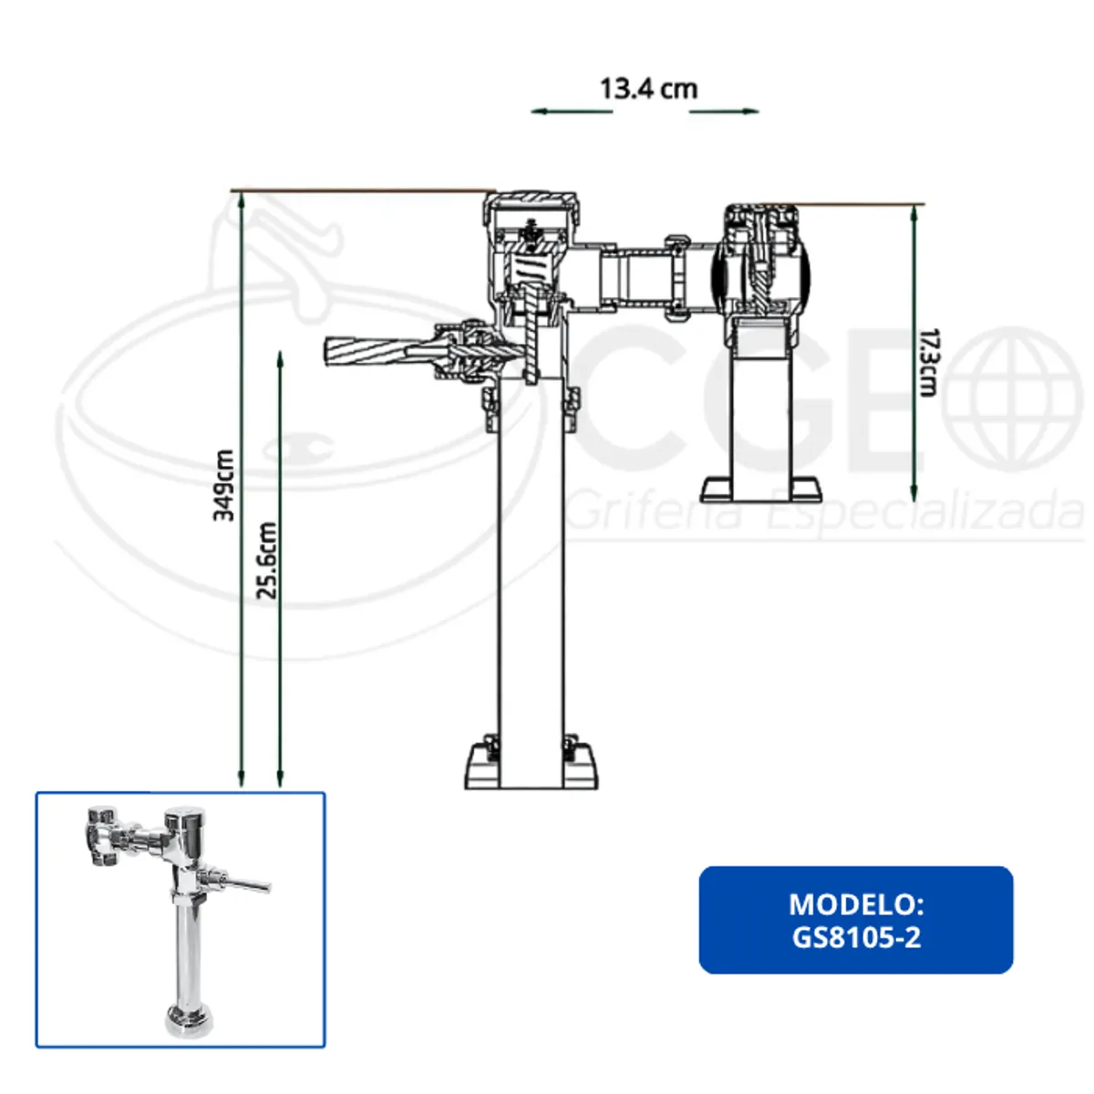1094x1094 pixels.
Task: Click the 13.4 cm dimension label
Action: pos(648,89)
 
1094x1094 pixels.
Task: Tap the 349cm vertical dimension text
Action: pos(223,485)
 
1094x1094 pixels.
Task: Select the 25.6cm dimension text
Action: pos(266,561)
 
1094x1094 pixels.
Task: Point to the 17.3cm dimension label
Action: pos(927,362)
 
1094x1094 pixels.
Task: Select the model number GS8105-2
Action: pos(855,937)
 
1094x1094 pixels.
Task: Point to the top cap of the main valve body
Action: pos(530,201)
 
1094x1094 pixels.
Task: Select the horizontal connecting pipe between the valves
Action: pos(638,277)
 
